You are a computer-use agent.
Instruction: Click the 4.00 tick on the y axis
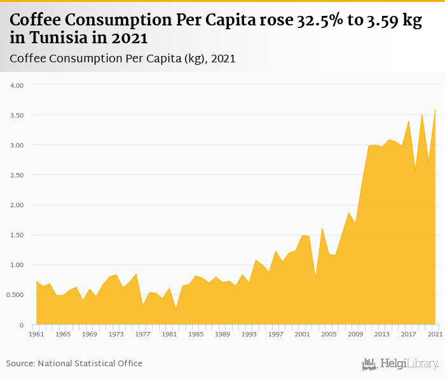pos(15,85)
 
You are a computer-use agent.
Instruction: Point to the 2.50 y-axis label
pos(15,175)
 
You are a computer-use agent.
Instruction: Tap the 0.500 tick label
pos(14,295)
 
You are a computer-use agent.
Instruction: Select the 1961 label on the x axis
pos(36,334)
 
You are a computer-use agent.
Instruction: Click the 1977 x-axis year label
pos(143,334)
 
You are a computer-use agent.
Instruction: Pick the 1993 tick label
pos(249,334)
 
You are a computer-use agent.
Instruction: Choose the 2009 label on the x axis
pos(355,334)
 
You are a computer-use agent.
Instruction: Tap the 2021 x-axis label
pos(435,334)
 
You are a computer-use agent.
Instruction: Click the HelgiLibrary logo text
pos(409,364)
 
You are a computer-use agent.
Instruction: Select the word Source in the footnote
pos(20,364)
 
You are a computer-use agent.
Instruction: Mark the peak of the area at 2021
pos(435,109)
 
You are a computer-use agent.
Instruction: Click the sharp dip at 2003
pos(315,278)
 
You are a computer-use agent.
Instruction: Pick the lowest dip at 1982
pos(176,308)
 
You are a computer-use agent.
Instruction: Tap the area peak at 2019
pos(422,114)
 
